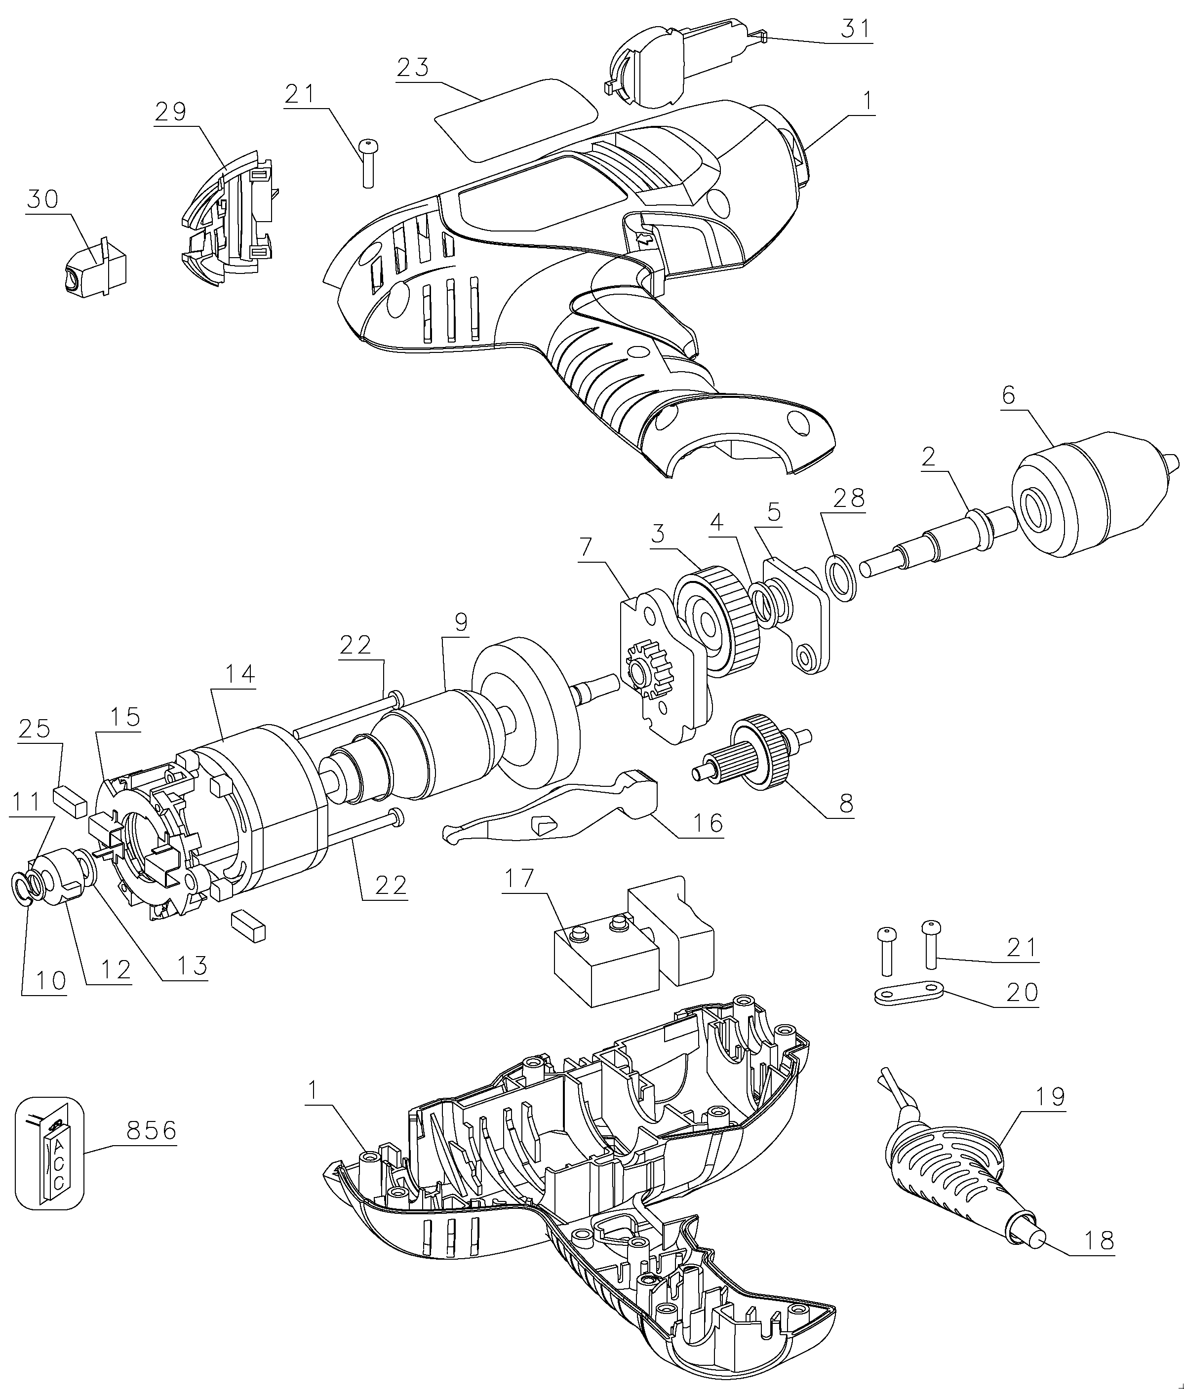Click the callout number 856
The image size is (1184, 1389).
pyautogui.click(x=151, y=1131)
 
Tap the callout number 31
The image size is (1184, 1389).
pyautogui.click(x=856, y=30)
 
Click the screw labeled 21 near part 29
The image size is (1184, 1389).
pyautogui.click(x=367, y=163)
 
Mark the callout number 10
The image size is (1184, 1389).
pyautogui.click(x=51, y=981)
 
